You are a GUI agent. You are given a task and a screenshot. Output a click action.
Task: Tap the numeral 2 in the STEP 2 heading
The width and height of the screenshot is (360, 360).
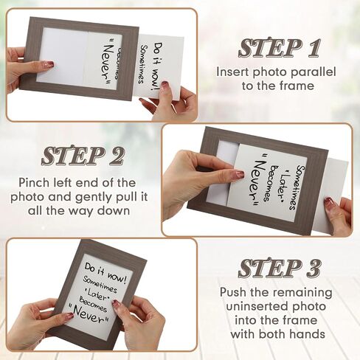pyautogui.click(x=114, y=156)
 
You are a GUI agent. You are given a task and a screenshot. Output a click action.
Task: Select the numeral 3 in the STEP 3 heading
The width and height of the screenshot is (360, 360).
pyautogui.click(x=312, y=269)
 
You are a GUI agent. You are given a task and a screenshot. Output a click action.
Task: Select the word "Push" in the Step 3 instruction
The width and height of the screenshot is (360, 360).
pyautogui.click(x=233, y=292)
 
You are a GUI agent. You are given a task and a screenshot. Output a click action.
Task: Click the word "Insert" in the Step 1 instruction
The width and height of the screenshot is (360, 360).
pyautogui.click(x=233, y=72)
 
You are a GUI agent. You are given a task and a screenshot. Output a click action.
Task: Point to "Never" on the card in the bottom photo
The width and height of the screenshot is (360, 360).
pyautogui.click(x=88, y=315)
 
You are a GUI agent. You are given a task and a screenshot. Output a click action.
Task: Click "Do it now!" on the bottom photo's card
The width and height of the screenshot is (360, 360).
pyautogui.click(x=105, y=272)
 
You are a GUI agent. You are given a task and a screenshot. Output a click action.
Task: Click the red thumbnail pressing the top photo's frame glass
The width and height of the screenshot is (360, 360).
pyautogui.click(x=50, y=64)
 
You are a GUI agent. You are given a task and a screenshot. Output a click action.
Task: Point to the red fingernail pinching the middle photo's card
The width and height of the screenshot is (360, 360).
pyautogui.click(x=239, y=174)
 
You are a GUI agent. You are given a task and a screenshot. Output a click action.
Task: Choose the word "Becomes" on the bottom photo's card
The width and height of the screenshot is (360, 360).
pyautogui.click(x=92, y=305)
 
